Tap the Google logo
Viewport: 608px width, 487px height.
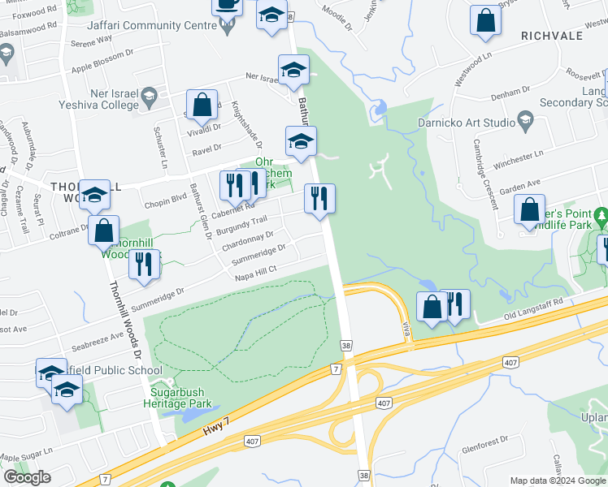click(x=27, y=477)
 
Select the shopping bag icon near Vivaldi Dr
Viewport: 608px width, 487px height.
click(x=202, y=105)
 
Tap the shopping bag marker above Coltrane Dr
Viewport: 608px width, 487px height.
click(x=104, y=231)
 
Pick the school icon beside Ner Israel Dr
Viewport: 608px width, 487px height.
click(x=293, y=70)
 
